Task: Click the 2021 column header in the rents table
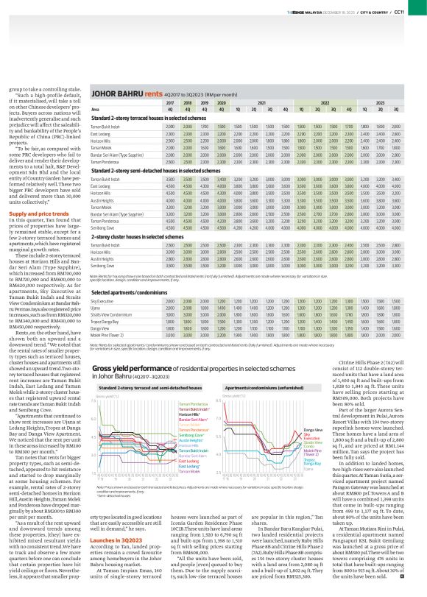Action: point(261,102)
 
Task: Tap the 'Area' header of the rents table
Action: point(95,109)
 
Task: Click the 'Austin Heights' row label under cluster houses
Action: point(102,257)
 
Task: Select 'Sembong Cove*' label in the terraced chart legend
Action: point(191,434)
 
